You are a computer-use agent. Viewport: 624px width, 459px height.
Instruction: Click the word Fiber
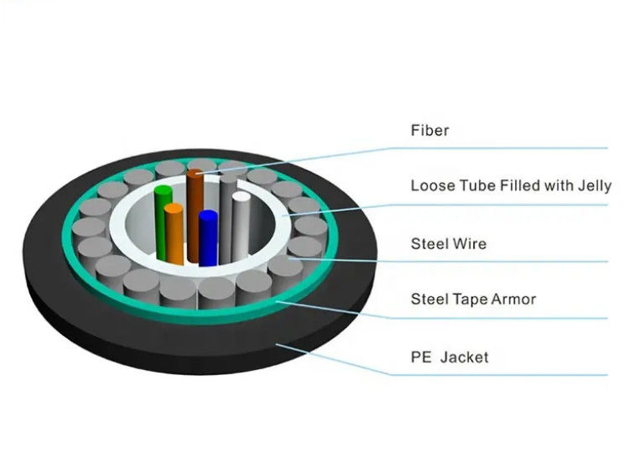(x=429, y=130)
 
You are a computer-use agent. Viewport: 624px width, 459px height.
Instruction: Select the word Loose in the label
(x=429, y=185)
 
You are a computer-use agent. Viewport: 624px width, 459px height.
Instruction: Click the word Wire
(x=469, y=244)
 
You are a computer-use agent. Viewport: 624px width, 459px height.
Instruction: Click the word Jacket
(x=465, y=357)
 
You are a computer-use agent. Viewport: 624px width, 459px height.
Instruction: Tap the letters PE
(x=421, y=357)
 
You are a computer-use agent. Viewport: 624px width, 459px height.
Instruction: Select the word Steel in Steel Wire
(x=428, y=244)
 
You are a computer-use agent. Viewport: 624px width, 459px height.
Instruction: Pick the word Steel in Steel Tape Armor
(x=428, y=299)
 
